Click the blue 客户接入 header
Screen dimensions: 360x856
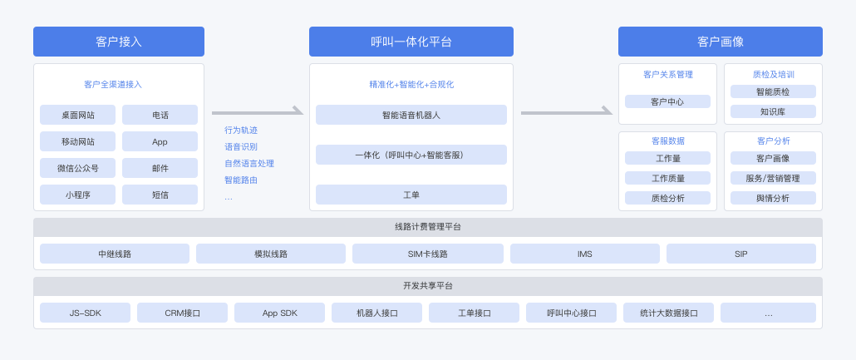(x=119, y=42)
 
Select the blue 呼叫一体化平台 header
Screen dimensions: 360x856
(x=411, y=42)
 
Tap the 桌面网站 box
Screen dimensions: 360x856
(x=77, y=115)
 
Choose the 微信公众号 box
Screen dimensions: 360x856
(x=77, y=168)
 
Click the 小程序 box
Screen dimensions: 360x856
(x=77, y=195)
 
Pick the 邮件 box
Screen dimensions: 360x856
(x=160, y=168)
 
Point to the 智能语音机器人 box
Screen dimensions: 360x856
(x=411, y=115)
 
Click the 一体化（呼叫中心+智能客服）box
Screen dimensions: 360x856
(x=411, y=155)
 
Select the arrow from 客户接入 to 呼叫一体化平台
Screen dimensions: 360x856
(x=257, y=111)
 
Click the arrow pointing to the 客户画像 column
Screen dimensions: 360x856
(x=566, y=111)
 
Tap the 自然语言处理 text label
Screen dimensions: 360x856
(x=249, y=164)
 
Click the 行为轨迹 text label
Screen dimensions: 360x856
(x=241, y=131)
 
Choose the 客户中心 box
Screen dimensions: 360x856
(x=667, y=101)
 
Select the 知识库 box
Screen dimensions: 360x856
(x=773, y=111)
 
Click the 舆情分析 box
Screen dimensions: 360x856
(x=773, y=198)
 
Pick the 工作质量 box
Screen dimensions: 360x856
(x=667, y=178)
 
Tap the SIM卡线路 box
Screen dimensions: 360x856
(x=427, y=254)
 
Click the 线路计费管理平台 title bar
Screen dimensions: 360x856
(x=428, y=227)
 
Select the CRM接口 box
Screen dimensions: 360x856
(x=182, y=313)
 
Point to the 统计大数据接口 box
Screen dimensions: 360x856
(x=668, y=313)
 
